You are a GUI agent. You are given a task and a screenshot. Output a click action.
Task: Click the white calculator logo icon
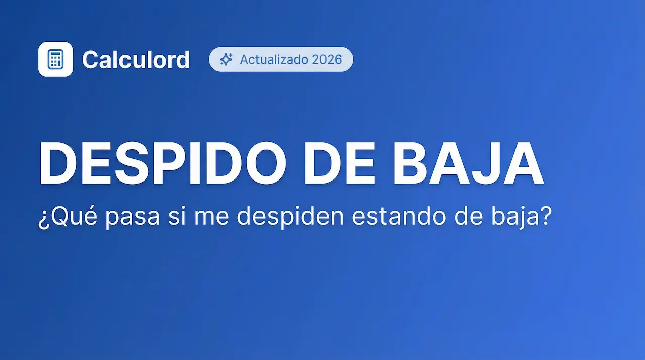(55, 59)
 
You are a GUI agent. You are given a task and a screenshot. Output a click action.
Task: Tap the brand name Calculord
(136, 59)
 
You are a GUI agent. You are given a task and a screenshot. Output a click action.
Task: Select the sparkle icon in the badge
(226, 59)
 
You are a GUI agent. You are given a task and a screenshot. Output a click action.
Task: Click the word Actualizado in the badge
(274, 59)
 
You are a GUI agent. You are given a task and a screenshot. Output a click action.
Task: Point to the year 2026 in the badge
(327, 59)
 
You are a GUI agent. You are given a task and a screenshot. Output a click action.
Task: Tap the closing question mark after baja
(543, 217)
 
